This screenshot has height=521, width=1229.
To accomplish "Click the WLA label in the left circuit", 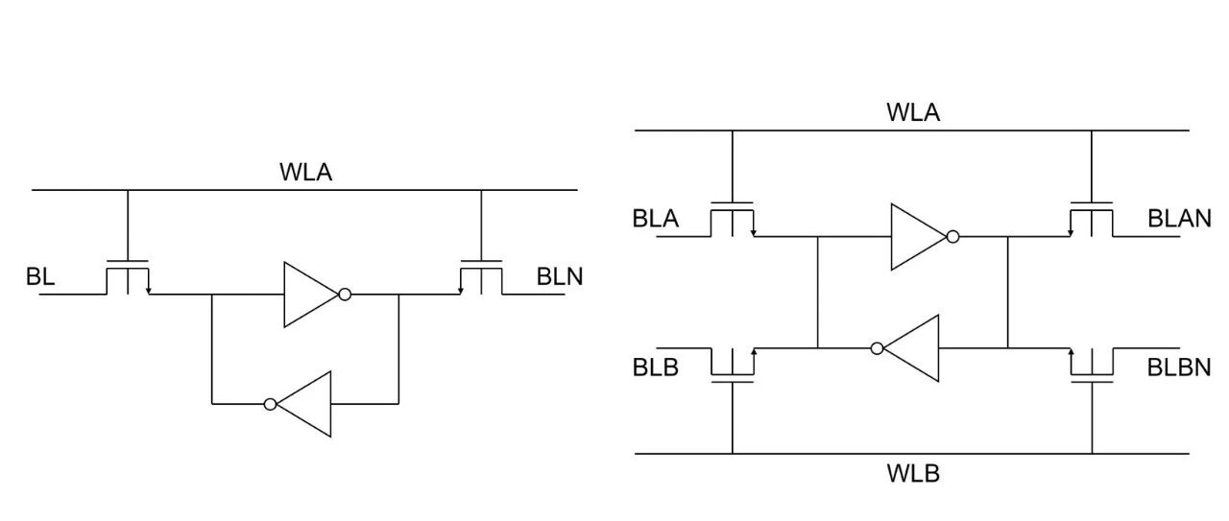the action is [305, 172].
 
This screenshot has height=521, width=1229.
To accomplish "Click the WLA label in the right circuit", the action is [913, 112].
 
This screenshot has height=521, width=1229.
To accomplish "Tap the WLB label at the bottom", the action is [913, 473].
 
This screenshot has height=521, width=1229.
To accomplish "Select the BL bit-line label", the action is [40, 276].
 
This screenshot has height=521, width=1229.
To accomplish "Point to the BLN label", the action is [559, 276].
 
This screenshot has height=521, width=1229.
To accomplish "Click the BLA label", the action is [655, 219].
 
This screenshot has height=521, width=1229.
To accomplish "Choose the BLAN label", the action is [1179, 218].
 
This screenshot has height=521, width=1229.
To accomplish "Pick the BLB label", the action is [655, 367].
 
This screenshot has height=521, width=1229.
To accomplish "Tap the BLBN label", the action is [1178, 367].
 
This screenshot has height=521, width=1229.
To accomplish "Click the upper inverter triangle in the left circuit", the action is [309, 295].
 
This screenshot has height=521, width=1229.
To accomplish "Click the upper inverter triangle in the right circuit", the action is [917, 237].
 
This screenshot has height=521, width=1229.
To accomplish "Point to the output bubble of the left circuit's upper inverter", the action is [345, 295].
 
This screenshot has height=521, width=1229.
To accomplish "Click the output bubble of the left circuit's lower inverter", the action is [270, 404].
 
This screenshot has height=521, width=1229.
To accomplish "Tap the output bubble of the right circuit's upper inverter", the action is [953, 237].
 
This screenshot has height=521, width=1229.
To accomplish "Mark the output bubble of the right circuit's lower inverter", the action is [878, 348].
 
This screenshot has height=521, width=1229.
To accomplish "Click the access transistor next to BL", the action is [128, 277].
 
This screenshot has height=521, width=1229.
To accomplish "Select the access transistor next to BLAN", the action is [1092, 220].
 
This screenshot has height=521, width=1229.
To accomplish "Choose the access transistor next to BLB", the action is [733, 366].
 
